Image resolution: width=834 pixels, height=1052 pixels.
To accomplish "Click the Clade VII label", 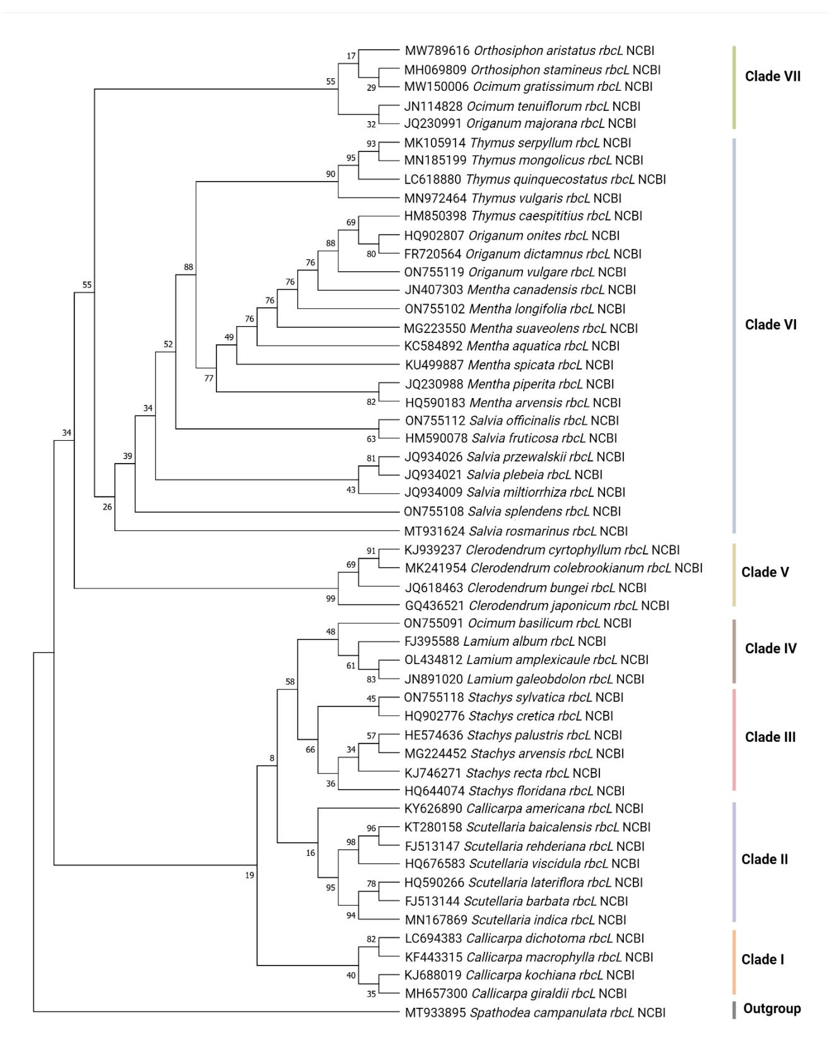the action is point(773,76).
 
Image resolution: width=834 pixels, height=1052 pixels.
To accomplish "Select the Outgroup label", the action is point(772,1008).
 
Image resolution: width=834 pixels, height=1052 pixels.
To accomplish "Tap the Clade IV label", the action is point(771,648).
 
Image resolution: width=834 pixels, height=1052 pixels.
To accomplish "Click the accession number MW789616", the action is point(437,51).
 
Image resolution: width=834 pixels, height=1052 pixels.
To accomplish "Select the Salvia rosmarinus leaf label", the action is point(516,531).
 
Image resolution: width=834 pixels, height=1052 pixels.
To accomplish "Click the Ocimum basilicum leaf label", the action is point(517,623).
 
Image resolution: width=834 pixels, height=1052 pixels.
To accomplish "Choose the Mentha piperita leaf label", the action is point(510,384).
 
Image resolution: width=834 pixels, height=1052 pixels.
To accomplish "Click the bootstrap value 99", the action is point(331,599).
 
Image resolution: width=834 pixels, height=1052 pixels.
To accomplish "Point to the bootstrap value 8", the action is point(273,758).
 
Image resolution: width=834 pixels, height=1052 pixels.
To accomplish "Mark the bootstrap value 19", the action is point(250,875).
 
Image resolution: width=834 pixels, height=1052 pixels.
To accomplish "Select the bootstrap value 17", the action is point(351,56).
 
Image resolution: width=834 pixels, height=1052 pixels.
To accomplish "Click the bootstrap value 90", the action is point(331,174).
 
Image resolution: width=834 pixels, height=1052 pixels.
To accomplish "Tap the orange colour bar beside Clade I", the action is point(734,962).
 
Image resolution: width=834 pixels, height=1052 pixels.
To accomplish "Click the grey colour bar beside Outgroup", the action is point(734,1010).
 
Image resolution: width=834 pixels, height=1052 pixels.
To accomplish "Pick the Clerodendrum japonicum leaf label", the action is point(537,605).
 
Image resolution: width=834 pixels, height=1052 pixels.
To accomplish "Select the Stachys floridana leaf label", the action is point(514,791).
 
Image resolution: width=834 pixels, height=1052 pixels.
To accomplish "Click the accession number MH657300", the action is point(436,994).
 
